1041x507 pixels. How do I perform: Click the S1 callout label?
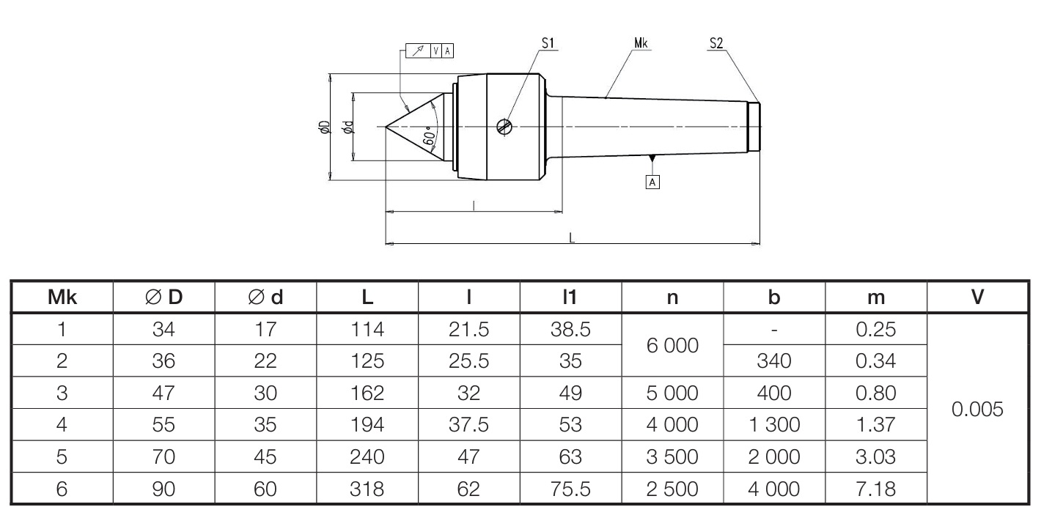(548, 43)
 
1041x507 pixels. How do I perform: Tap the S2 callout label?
(716, 43)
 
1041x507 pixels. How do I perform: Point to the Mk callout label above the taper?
(641, 43)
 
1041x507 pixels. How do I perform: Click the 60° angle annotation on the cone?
(430, 135)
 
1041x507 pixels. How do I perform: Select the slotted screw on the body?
(504, 127)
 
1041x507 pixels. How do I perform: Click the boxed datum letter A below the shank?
(652, 182)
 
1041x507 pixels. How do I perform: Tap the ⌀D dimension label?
(324, 127)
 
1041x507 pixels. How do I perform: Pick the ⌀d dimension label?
(348, 127)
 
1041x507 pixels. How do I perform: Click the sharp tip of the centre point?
(386, 127)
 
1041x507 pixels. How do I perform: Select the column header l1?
(570, 297)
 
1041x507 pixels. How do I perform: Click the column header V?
(977, 297)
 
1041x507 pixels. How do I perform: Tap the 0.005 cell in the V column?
(977, 409)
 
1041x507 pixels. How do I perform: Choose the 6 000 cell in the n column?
(672, 345)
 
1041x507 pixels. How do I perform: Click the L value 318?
(367, 489)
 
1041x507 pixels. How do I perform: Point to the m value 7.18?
(875, 489)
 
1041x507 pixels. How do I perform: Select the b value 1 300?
(774, 425)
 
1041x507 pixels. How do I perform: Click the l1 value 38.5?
(570, 330)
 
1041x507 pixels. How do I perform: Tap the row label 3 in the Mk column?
(62, 393)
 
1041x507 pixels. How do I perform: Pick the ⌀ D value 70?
(163, 457)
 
